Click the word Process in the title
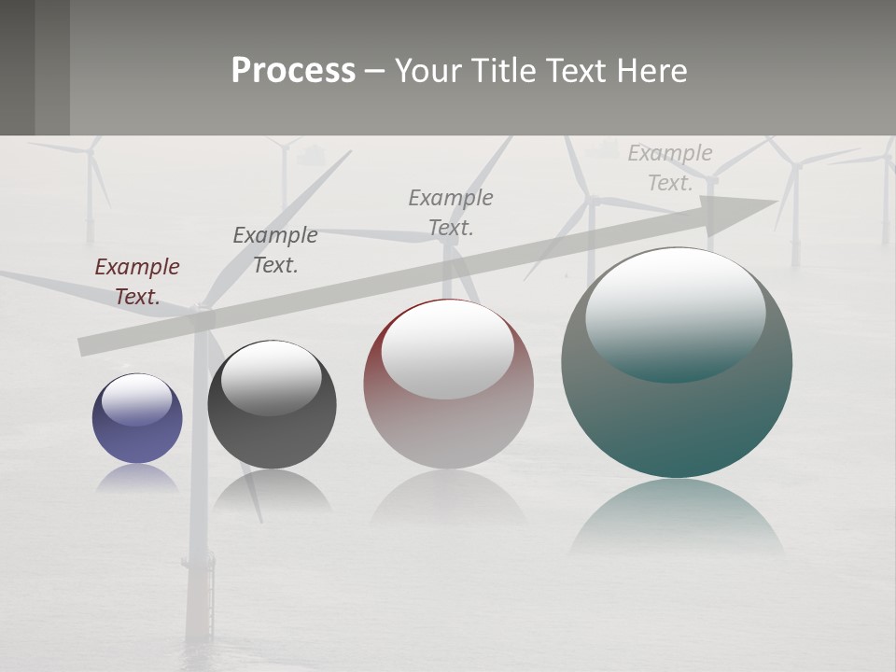(x=293, y=71)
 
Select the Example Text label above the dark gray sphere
(x=274, y=250)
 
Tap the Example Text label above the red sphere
(x=451, y=213)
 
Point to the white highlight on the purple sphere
(x=136, y=399)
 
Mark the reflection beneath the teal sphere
(x=677, y=518)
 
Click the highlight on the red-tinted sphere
(x=448, y=349)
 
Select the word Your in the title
(x=428, y=71)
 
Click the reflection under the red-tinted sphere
(x=448, y=499)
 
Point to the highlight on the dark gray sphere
(x=272, y=377)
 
